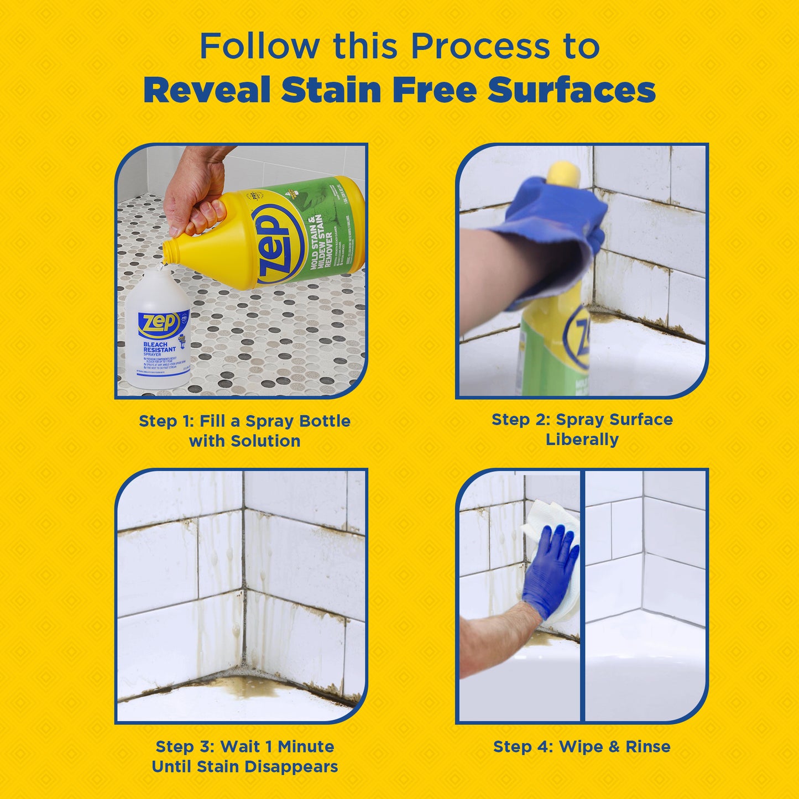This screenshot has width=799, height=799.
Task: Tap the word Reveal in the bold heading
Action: [x=207, y=90]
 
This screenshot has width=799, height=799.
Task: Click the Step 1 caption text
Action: [x=244, y=431]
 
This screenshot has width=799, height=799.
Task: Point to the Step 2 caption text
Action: [x=582, y=429]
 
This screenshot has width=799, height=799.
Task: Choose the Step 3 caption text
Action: [x=244, y=756]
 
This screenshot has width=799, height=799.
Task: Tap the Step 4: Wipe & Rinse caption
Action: [x=582, y=746]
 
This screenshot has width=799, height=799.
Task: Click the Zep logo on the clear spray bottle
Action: [x=159, y=322]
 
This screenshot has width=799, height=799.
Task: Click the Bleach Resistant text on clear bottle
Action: [x=159, y=347]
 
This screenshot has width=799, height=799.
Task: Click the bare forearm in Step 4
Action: [x=492, y=636]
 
